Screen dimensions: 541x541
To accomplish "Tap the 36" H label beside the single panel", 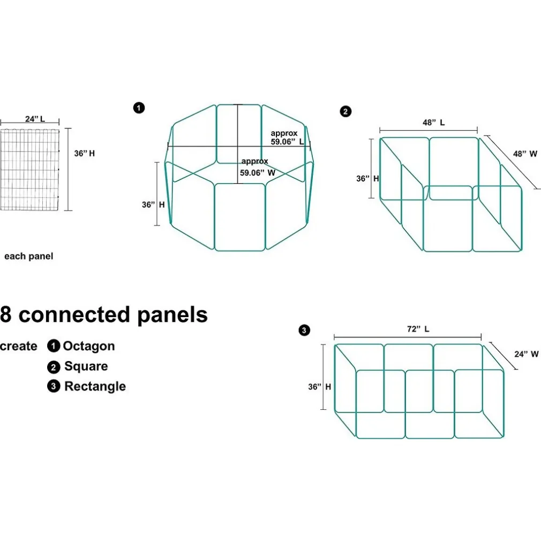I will [85, 153].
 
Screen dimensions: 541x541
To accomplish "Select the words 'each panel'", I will [29, 256].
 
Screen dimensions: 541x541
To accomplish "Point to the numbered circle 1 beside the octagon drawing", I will [139, 108].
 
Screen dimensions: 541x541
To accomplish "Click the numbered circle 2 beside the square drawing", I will [346, 111].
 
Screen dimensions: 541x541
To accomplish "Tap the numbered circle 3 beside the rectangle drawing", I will [304, 330].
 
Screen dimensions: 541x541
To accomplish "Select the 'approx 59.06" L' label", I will [287, 138].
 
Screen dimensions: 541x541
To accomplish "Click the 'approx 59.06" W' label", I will [258, 167].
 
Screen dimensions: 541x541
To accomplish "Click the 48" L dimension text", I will [434, 122].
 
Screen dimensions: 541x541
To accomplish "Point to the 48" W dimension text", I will [525, 154].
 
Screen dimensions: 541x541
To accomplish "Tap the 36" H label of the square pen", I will [367, 179].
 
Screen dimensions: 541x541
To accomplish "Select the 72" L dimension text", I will [418, 329].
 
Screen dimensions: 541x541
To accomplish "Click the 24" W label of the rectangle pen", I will [527, 354].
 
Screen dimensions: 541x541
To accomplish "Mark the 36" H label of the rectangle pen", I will [319, 386].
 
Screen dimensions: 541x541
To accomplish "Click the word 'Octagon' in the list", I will [89, 346].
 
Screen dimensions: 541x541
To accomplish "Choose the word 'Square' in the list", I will [86, 366].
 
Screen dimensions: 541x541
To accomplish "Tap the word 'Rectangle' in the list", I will [95, 386].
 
